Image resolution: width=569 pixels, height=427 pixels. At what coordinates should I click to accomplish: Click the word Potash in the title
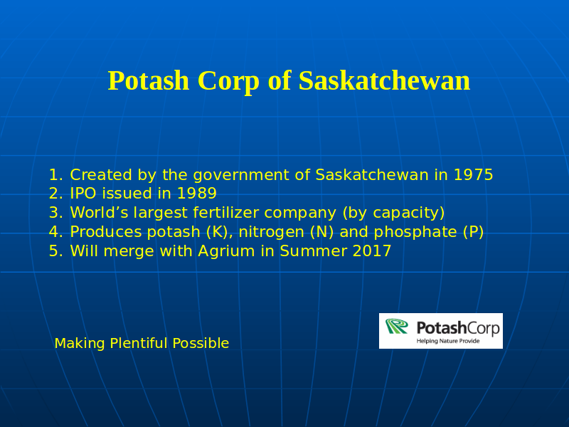pos(149,80)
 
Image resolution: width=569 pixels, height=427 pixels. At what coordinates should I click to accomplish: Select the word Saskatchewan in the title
pos(384,80)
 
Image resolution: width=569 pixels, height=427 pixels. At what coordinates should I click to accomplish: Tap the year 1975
pos(473,174)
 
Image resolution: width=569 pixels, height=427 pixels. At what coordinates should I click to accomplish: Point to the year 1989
pos(197,193)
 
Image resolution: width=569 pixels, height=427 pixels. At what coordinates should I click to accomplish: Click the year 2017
pos(371,251)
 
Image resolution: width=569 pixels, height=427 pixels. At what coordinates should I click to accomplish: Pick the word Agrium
pos(226,251)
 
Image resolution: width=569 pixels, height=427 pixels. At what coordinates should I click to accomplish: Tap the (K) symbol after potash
pos(219,232)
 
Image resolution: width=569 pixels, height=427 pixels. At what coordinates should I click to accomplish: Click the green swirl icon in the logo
pos(397,326)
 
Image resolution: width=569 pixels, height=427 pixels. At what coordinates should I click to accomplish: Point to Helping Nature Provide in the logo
pos(448,341)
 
